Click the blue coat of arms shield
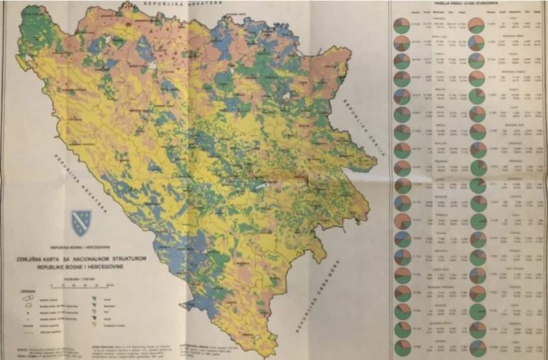[x=80, y=222]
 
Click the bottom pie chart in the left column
[x=402, y=347]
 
